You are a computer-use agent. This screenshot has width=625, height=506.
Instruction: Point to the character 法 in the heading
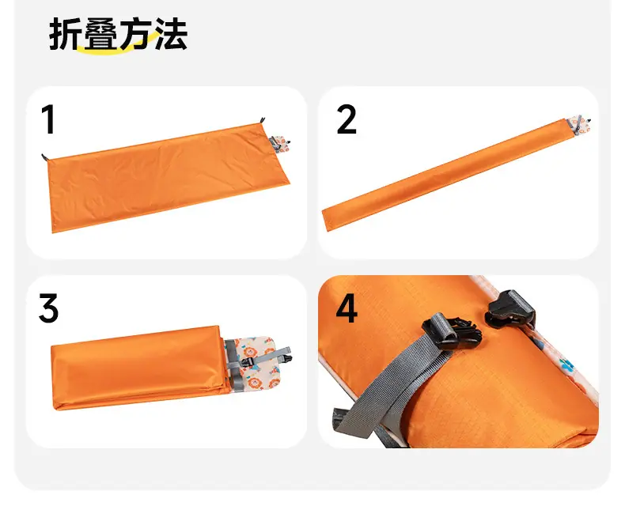[x=170, y=34]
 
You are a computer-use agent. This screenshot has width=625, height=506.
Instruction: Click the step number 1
[x=48, y=119]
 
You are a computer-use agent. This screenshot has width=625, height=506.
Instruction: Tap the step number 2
[x=347, y=119]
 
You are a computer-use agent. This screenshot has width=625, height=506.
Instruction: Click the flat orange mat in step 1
[x=168, y=177]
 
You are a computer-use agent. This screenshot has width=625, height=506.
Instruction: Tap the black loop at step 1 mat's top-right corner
[x=263, y=120]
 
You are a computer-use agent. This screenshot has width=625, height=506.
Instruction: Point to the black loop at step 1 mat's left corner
[x=44, y=157]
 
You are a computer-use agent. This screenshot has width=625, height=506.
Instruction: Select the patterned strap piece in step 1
[x=280, y=144]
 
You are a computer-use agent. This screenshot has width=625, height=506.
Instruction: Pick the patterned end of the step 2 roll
[x=579, y=124]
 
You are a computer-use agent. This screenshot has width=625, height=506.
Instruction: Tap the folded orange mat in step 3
[x=139, y=368]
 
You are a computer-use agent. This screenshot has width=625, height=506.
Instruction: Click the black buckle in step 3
[x=247, y=362]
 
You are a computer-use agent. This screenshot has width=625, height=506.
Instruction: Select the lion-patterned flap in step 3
[x=255, y=363]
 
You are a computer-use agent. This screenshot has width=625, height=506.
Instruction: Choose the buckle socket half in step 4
[x=509, y=309]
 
